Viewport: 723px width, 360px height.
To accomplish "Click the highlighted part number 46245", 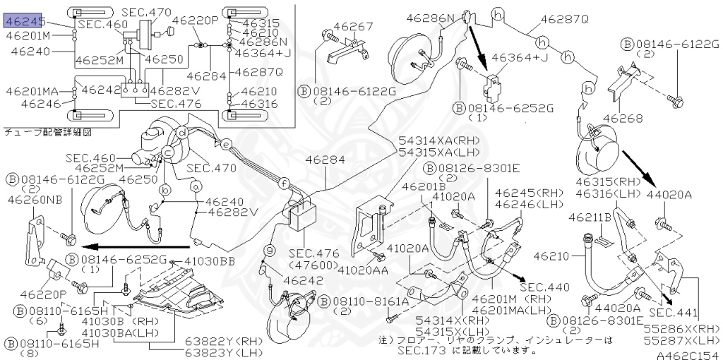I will [25, 23].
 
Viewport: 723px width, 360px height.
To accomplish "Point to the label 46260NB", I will [35, 200].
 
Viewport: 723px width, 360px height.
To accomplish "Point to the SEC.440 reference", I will [544, 288].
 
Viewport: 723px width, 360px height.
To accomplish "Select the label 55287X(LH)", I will [681, 341].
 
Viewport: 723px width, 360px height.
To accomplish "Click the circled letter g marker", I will [269, 249].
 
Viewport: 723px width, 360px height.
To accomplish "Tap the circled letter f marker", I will [282, 183].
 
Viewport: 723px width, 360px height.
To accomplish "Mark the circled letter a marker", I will [196, 185].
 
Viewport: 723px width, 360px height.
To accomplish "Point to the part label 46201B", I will [422, 186].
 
